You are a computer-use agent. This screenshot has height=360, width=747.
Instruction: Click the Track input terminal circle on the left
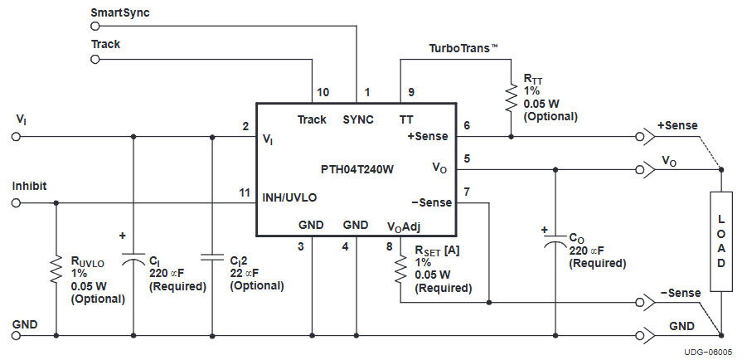point(95,61)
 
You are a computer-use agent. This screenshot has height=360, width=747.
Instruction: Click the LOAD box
point(721,241)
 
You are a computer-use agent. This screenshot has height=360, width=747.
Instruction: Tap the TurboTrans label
point(463,50)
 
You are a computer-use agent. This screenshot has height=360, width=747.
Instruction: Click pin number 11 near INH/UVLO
point(245,192)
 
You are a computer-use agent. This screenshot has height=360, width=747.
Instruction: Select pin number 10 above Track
point(323,92)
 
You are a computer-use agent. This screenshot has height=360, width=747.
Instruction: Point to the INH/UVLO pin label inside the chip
point(290,197)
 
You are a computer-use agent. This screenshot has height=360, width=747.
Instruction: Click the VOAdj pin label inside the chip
point(405,225)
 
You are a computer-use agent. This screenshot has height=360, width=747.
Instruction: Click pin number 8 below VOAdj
point(390,246)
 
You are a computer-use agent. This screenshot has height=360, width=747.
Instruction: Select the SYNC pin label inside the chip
point(358,119)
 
